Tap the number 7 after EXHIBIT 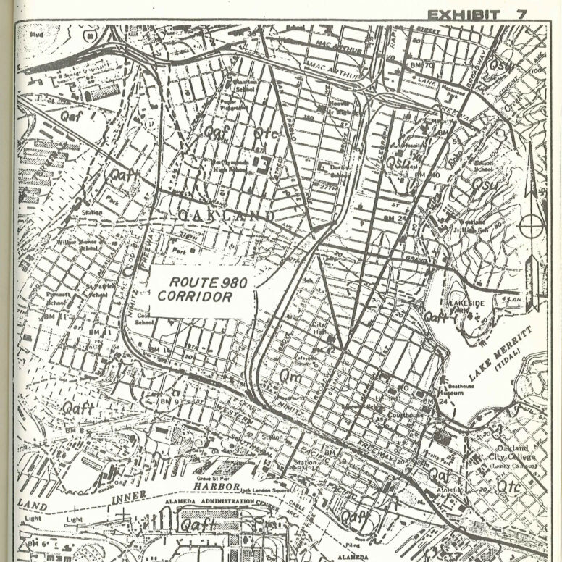[521, 14]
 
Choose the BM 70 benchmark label [423, 67]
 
